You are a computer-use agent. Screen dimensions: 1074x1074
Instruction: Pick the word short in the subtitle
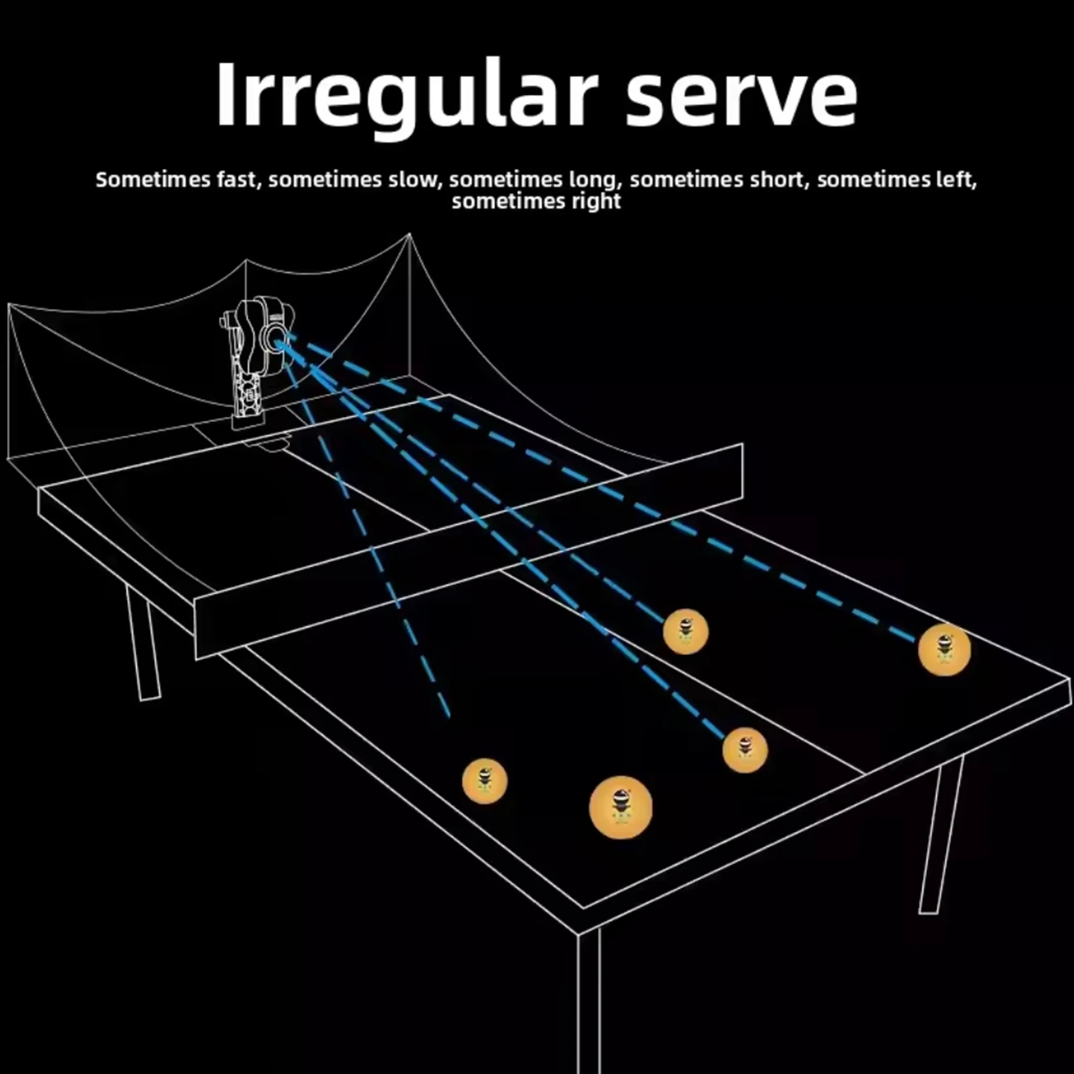(x=780, y=180)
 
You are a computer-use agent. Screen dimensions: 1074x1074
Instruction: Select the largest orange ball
(x=621, y=808)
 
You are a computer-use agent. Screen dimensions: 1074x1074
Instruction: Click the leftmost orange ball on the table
(x=485, y=781)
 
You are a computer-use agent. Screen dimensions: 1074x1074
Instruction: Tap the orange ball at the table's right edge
(x=945, y=650)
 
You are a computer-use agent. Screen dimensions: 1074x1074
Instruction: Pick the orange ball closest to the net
(x=686, y=631)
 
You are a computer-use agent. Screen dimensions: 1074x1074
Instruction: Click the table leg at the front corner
(x=588, y=1004)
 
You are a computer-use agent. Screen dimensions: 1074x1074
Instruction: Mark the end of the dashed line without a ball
(x=449, y=717)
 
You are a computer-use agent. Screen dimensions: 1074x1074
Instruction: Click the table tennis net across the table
(x=468, y=551)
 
